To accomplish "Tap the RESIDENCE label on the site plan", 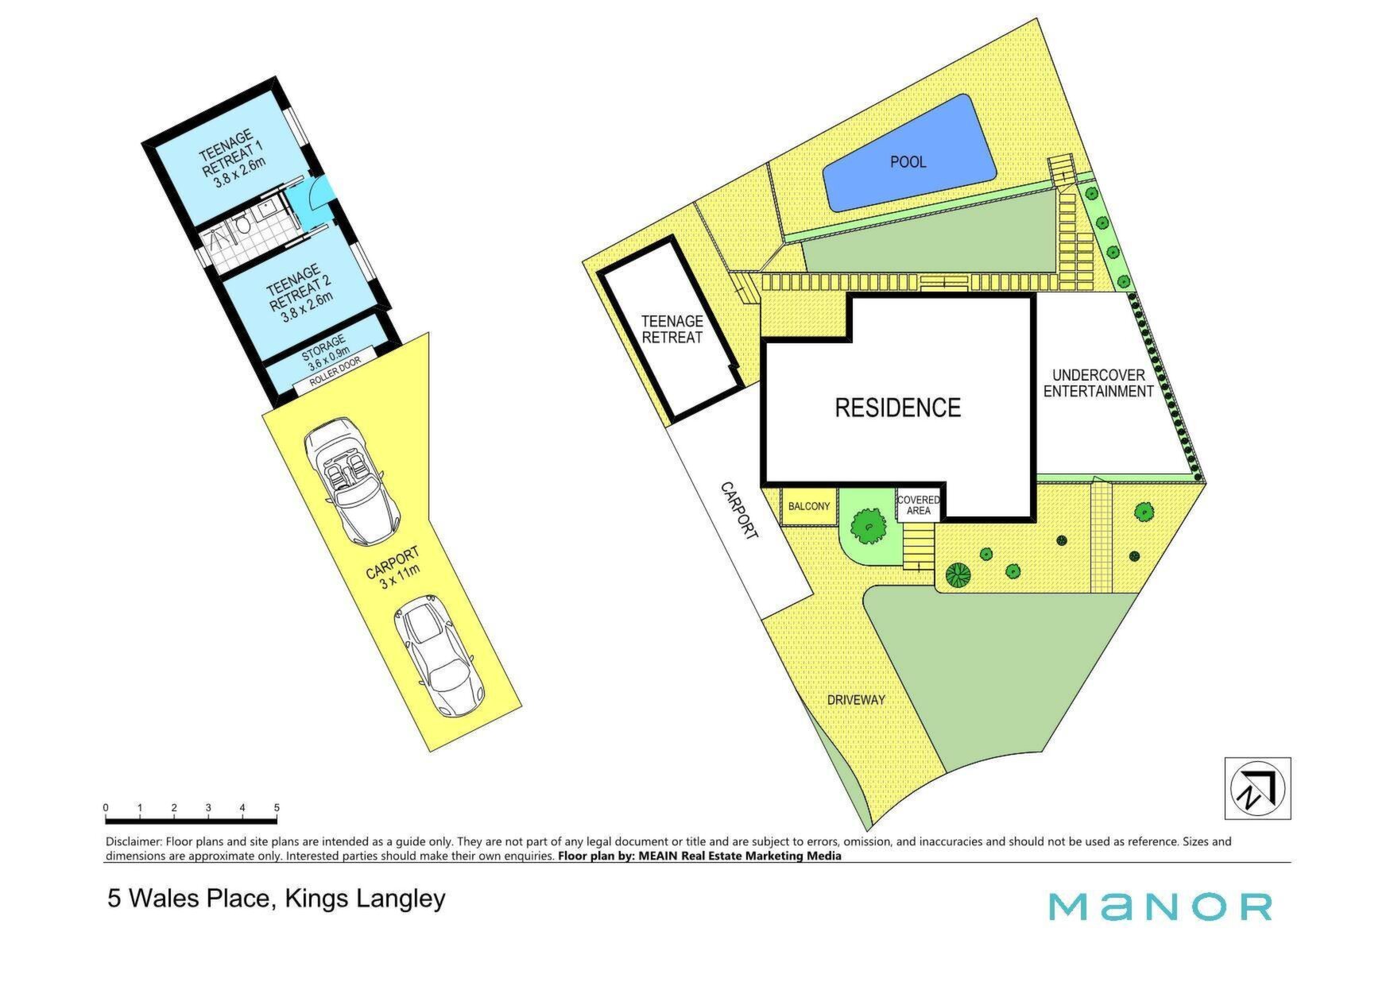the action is click(x=897, y=408).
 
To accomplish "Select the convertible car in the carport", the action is click(x=348, y=481).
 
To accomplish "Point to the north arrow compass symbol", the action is click(x=1257, y=788).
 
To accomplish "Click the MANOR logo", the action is click(x=1160, y=907).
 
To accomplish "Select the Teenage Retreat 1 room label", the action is click(x=232, y=159).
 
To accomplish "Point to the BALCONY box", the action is click(x=809, y=506).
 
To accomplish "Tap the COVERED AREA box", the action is click(x=919, y=505).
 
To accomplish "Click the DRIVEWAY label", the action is click(x=856, y=700).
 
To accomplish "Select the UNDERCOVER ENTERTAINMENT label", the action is click(x=1098, y=383).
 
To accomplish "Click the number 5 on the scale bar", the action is click(x=277, y=808).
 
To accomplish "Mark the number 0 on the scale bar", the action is click(x=106, y=808).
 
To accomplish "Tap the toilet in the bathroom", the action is click(x=243, y=226).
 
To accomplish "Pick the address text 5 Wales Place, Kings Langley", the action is click(x=277, y=899).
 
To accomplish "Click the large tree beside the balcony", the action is click(x=870, y=524).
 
